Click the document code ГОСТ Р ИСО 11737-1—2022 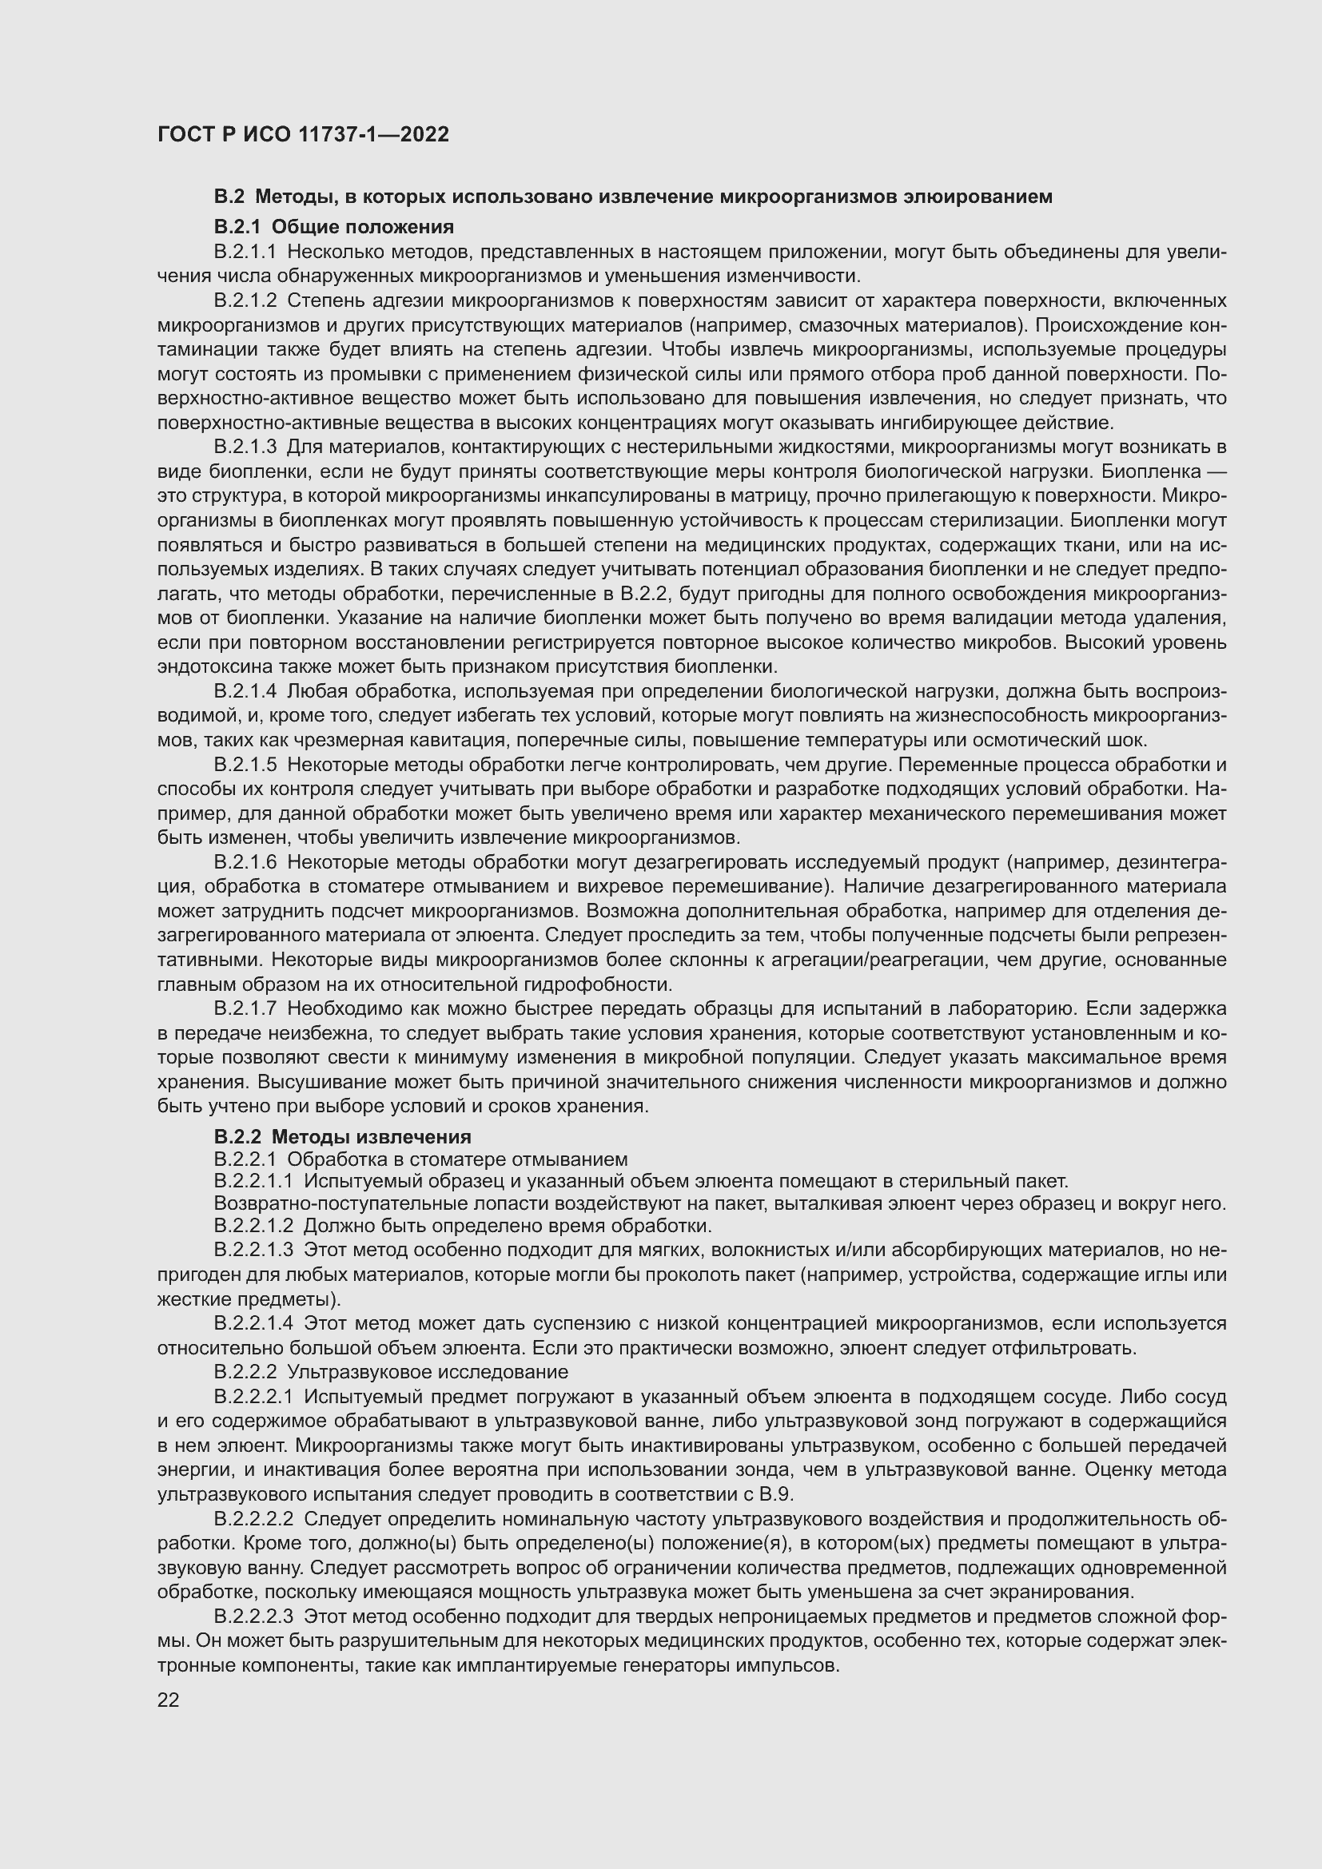(303, 134)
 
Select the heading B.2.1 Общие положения (334, 226)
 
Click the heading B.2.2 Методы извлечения (342, 1136)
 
